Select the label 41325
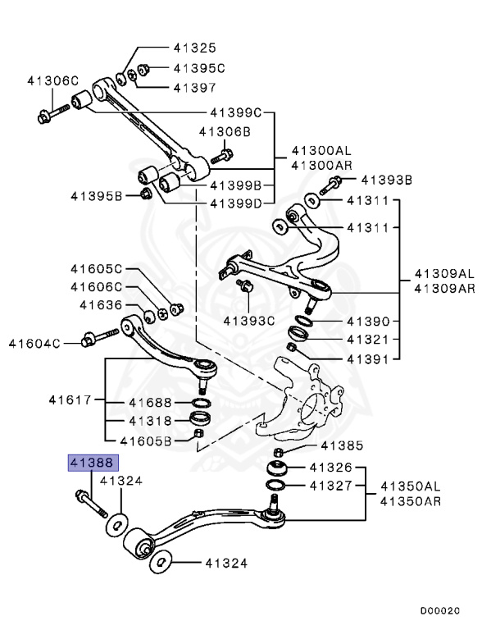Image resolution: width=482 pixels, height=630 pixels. [194, 48]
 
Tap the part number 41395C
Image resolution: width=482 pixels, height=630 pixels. [198, 68]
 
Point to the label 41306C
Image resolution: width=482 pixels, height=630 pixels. [52, 81]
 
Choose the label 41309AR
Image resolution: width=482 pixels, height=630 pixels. [443, 288]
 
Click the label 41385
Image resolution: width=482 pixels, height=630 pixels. [340, 446]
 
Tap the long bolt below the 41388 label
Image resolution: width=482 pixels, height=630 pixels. [93, 502]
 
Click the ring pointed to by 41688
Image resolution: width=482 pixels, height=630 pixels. [198, 402]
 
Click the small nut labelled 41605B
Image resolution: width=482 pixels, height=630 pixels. [198, 445]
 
